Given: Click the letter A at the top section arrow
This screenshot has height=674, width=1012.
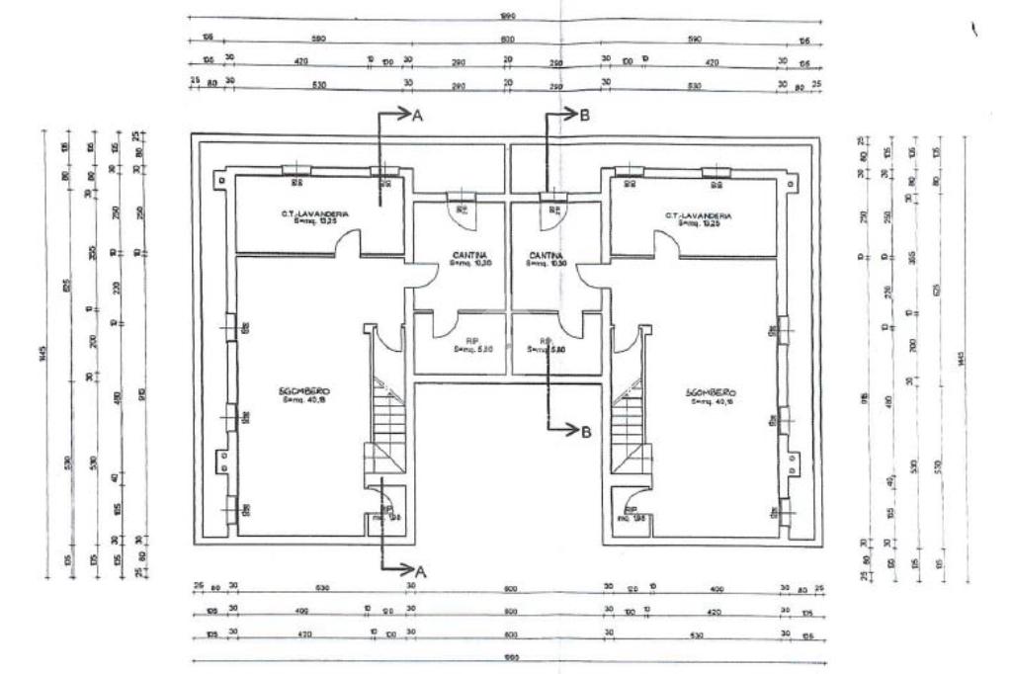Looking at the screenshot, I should [417, 116].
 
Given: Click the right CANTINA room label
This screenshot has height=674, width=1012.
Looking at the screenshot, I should [545, 255].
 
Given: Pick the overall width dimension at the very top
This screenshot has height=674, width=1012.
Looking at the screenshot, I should [507, 17].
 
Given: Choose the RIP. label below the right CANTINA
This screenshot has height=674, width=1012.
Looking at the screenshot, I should [541, 346].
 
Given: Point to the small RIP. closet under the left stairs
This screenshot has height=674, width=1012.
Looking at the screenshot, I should [383, 514].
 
